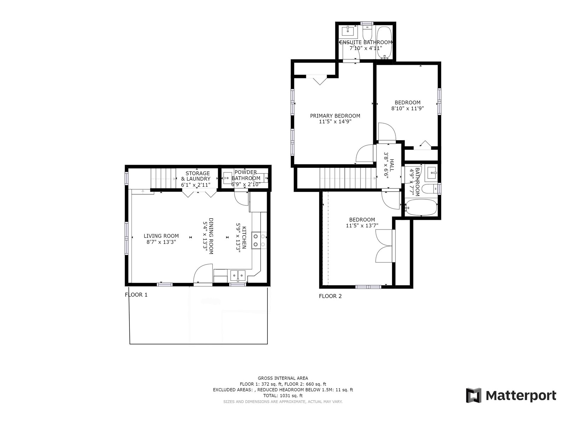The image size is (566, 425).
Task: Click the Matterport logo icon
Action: (x=473, y=395)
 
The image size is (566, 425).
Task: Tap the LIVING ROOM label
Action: (x=161, y=236)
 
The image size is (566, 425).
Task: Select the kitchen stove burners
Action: (x=259, y=240)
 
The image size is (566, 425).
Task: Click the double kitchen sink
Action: (x=238, y=275)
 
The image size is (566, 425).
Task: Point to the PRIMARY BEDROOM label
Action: (x=335, y=116)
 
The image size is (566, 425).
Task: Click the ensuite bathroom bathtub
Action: (x=384, y=43)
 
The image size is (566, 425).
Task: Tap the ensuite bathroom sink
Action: (x=348, y=31)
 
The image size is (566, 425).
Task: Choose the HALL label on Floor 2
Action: (x=392, y=165)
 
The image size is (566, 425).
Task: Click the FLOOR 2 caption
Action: (x=330, y=296)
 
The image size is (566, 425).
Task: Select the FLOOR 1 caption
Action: (x=136, y=295)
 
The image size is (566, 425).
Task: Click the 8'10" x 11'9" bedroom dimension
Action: (x=408, y=109)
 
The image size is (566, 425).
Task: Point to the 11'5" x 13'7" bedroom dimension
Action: (x=362, y=226)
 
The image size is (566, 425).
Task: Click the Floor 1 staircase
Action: (x=163, y=178)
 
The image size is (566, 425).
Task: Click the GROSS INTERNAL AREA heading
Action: (x=283, y=378)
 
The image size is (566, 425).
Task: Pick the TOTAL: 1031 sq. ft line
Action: (x=283, y=396)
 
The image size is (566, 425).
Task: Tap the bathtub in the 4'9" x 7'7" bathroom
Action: (x=421, y=207)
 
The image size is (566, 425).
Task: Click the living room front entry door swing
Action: (x=203, y=274)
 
